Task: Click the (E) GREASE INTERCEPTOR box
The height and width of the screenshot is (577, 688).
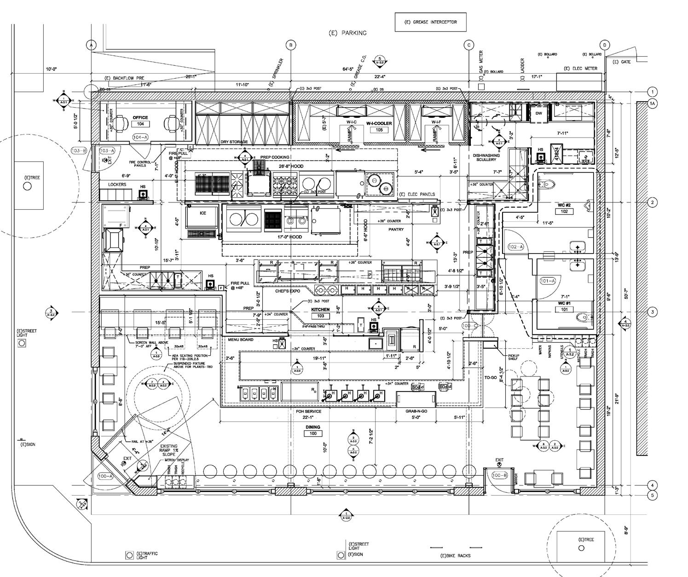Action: click(x=430, y=22)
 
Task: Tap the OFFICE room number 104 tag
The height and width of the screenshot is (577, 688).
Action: click(x=140, y=124)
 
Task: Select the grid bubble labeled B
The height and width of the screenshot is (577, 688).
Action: click(x=291, y=45)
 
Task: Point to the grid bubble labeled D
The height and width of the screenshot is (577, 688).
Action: click(x=605, y=45)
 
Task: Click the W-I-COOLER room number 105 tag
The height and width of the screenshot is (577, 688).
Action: click(x=379, y=130)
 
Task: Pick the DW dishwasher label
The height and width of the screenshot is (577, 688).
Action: click(x=539, y=113)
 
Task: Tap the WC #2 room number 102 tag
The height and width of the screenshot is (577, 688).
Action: click(x=564, y=212)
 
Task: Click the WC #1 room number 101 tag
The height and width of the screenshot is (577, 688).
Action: click(x=564, y=310)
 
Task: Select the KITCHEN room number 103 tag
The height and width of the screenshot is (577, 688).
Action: click(x=321, y=316)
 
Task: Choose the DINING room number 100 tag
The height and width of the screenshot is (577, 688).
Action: click(x=313, y=433)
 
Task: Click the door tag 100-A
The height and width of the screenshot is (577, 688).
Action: click(x=105, y=476)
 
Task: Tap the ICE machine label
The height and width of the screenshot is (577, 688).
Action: click(x=203, y=213)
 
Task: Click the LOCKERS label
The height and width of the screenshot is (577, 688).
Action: click(x=117, y=185)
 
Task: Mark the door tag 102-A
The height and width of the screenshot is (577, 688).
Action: click(x=515, y=247)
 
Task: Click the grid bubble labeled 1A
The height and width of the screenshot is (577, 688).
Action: click(x=652, y=104)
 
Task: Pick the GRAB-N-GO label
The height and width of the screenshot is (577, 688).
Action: click(x=416, y=411)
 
